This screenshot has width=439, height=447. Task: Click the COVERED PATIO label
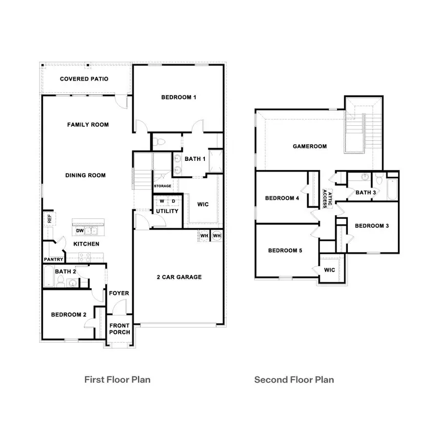tap(84, 79)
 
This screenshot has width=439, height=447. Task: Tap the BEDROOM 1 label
tap(179, 97)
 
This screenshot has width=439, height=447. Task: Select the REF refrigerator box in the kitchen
tap(49, 219)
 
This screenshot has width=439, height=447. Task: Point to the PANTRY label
tap(54, 259)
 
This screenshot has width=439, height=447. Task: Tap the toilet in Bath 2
tap(61, 280)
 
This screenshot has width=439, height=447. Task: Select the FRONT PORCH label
tap(120, 329)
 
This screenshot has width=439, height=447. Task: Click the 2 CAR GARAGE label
tap(179, 277)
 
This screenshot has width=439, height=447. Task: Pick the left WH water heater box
tap(204, 236)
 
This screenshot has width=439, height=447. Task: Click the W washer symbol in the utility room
tap(161, 201)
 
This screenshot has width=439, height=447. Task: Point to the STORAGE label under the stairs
tap(162, 186)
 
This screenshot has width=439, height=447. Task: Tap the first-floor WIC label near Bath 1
tap(203, 204)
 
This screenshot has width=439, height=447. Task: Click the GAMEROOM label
tap(310, 146)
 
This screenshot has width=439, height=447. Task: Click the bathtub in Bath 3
tap(393, 190)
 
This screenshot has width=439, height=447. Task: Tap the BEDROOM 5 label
tap(285, 251)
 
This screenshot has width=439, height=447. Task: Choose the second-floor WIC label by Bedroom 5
tap(330, 270)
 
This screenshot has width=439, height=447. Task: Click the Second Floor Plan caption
tap(294, 379)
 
